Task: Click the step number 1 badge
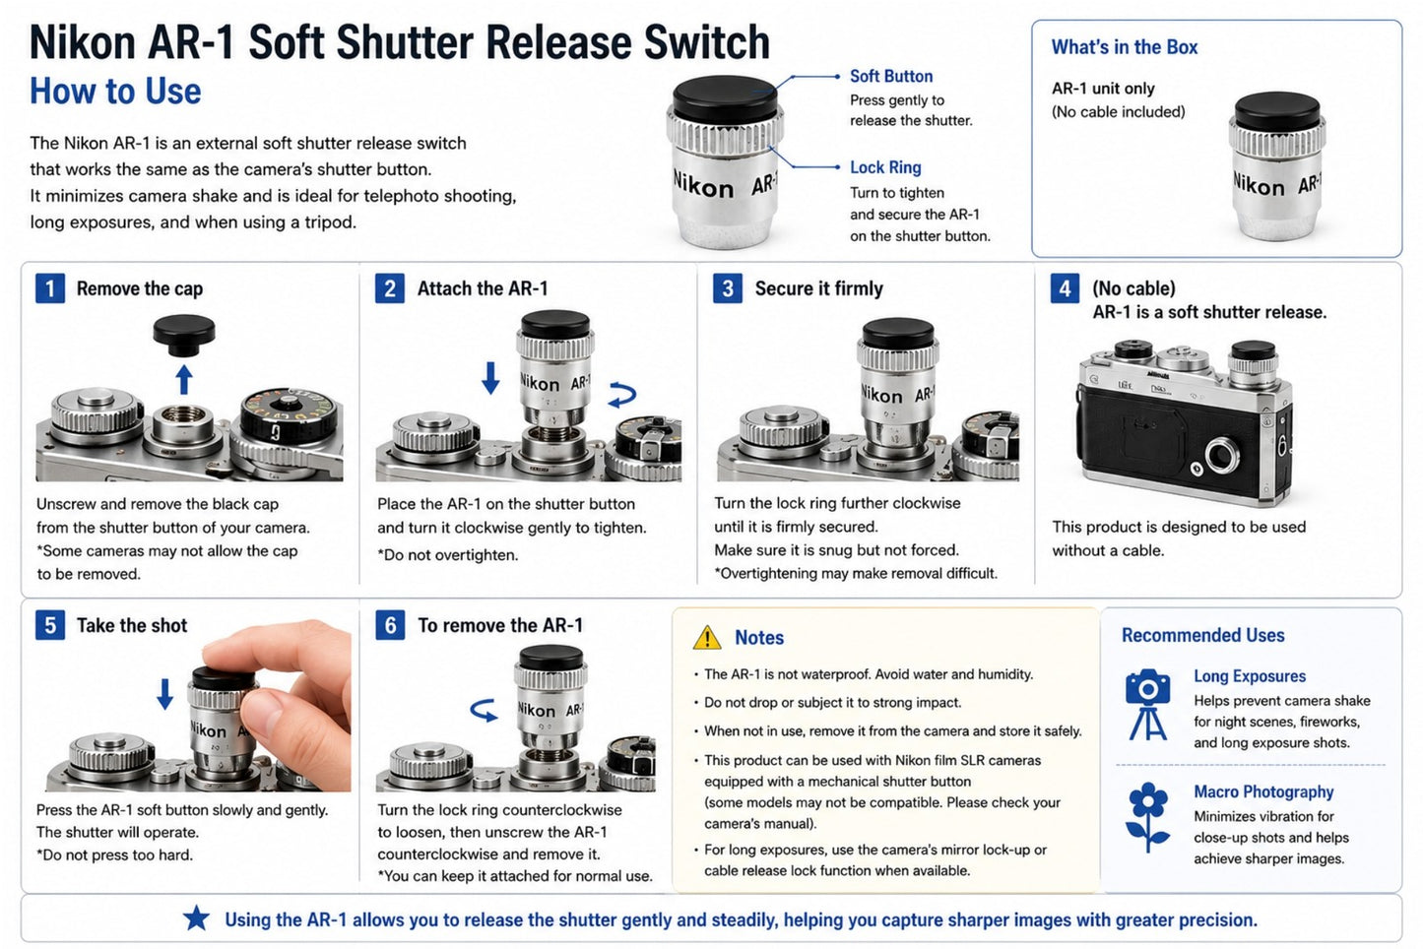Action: click(x=50, y=288)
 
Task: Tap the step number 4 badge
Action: click(x=1065, y=288)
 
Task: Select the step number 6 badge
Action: click(x=390, y=625)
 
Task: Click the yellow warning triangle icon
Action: click(x=707, y=638)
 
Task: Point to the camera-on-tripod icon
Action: click(x=1147, y=704)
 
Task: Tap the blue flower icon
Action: click(x=1147, y=817)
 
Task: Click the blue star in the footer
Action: click(x=196, y=918)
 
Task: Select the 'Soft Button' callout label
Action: click(x=891, y=76)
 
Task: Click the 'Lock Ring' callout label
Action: click(x=885, y=167)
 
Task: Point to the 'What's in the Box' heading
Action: click(x=1125, y=47)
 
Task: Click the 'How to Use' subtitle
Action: click(x=115, y=91)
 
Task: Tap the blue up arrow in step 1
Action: click(x=183, y=380)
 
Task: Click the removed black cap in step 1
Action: click(x=184, y=336)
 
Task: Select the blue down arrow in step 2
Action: click(x=489, y=378)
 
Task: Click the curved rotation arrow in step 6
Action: click(x=484, y=710)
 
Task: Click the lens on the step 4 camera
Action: click(x=1221, y=456)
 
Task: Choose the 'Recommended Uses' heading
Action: click(x=1202, y=635)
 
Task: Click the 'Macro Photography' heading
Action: click(x=1263, y=791)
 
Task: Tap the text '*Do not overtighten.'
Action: click(x=448, y=555)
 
